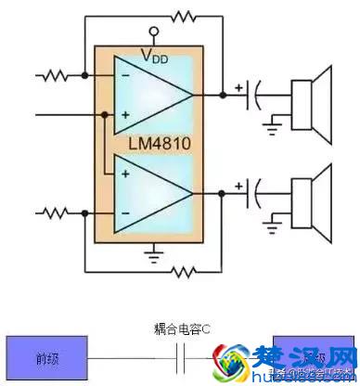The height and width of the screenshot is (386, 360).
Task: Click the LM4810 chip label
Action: point(151,143)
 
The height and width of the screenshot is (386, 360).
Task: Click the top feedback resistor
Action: point(185,16)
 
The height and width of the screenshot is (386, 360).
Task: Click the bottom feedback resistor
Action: point(185,272)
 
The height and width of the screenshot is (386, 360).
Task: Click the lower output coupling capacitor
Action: point(252,194)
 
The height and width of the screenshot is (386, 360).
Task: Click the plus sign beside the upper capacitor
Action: point(240,86)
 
